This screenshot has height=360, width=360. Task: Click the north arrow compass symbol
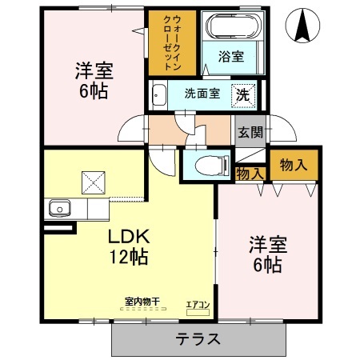tap(304, 26)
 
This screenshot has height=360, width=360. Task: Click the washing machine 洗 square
tap(242, 94)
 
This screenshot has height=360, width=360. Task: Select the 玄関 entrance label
tap(249, 133)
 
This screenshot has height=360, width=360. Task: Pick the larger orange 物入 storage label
tap(293, 165)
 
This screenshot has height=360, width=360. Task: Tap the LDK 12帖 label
tap(127, 246)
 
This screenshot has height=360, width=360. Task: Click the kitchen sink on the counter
tap(58, 210)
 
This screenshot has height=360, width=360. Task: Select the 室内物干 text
tap(142, 301)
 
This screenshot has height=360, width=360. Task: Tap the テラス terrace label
tap(198, 338)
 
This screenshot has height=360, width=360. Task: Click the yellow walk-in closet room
tap(168, 60)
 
